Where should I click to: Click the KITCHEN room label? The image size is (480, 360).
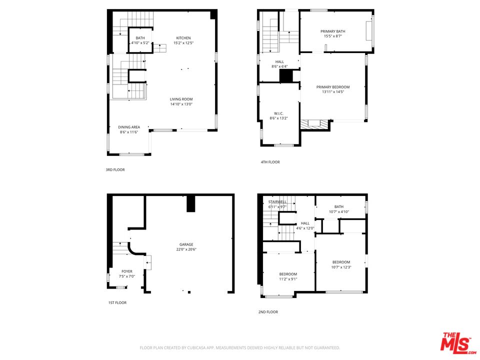183,38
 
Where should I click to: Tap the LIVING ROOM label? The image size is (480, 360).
181,99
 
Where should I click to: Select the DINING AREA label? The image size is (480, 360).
128,127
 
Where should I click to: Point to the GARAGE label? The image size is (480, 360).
186,244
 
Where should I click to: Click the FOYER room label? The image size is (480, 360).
127,271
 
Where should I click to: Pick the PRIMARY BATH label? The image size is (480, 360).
332,31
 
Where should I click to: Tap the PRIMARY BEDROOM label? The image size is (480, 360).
332,87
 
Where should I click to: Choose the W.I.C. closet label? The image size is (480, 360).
278,113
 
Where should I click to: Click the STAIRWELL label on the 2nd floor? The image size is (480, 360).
277,202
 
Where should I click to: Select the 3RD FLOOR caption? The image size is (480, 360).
115,170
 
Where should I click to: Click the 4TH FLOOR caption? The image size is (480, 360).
270,162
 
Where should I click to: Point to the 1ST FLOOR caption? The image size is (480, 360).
117,303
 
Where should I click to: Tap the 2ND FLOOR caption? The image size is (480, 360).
268,312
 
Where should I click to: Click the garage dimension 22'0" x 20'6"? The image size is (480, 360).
186,249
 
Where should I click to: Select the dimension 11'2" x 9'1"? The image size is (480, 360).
288,279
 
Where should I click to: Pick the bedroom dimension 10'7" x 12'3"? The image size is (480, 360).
341,267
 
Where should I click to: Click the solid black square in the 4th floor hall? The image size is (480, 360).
286,76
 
